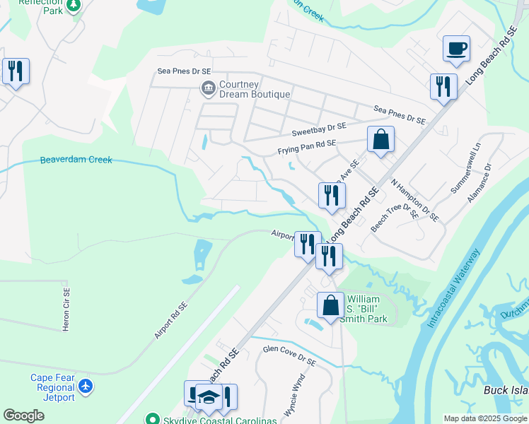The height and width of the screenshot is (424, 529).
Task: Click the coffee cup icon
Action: pyautogui.click(x=456, y=49)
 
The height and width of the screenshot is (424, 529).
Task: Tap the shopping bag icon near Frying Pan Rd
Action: pyautogui.click(x=380, y=139)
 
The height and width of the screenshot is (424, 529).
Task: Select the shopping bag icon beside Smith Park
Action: pyautogui.click(x=330, y=305)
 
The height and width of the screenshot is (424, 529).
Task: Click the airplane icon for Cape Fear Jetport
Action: pyautogui.click(x=86, y=386)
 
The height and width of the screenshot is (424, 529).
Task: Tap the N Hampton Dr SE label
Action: pyautogui.click(x=414, y=199)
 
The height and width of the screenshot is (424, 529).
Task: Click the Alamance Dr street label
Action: pyautogui.click(x=478, y=183)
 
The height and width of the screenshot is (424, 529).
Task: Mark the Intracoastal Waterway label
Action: pyautogui.click(x=451, y=288)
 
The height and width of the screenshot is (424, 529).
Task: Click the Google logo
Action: pyautogui.click(x=23, y=415)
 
